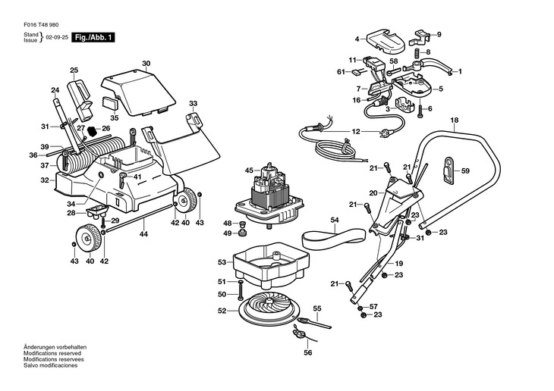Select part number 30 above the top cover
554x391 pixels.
[x=146, y=63]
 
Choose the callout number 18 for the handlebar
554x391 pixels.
[x=454, y=121]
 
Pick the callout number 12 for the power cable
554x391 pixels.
[x=356, y=131]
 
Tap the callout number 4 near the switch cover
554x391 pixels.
[x=357, y=39]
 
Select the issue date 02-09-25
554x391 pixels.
[x=55, y=37]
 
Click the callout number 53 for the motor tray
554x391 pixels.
[x=222, y=262]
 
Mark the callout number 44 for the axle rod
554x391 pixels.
[x=143, y=235]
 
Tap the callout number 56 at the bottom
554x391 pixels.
[x=308, y=352]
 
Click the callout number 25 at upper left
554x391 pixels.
[x=74, y=70]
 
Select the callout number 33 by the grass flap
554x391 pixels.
[x=194, y=103]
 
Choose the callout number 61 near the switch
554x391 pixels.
[x=342, y=72]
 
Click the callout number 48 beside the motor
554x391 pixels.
[x=227, y=223]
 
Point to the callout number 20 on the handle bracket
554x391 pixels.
[x=373, y=193]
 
